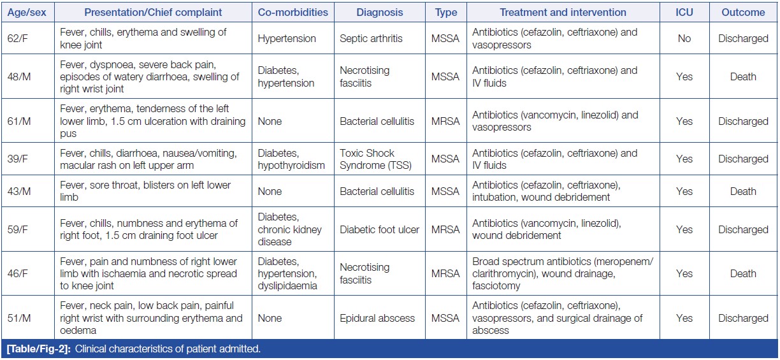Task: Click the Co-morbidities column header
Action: (x=292, y=12)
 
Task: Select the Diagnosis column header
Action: (x=379, y=12)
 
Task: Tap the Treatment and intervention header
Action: (x=563, y=12)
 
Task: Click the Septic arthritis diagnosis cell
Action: (x=371, y=39)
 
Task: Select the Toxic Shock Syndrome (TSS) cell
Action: (x=376, y=159)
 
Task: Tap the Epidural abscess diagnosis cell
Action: (x=377, y=318)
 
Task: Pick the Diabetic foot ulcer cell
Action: (x=379, y=229)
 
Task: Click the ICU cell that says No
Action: (x=684, y=39)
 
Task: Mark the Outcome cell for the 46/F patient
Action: (x=742, y=274)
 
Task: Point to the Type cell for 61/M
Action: (x=445, y=121)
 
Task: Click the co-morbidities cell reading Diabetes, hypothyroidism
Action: (x=291, y=159)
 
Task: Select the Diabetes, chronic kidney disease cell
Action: (x=290, y=229)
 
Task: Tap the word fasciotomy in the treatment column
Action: (x=496, y=286)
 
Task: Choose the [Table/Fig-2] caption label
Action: (x=38, y=349)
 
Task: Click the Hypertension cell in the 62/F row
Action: (x=287, y=39)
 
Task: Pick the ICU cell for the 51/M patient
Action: (x=684, y=318)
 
